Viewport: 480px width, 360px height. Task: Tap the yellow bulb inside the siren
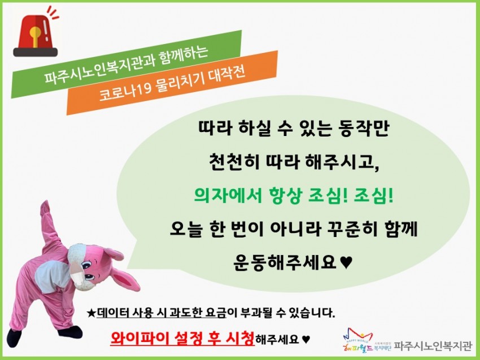35,34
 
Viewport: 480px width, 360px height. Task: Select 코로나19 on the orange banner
125,91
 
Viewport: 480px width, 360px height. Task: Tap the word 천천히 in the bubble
234,162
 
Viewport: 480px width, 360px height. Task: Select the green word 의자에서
228,195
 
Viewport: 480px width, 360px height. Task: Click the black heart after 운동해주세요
346,262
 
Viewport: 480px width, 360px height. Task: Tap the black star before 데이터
91,313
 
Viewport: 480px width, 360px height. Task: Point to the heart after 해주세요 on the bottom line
306,339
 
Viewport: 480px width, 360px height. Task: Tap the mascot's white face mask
77,275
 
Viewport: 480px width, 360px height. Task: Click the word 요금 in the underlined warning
216,313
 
